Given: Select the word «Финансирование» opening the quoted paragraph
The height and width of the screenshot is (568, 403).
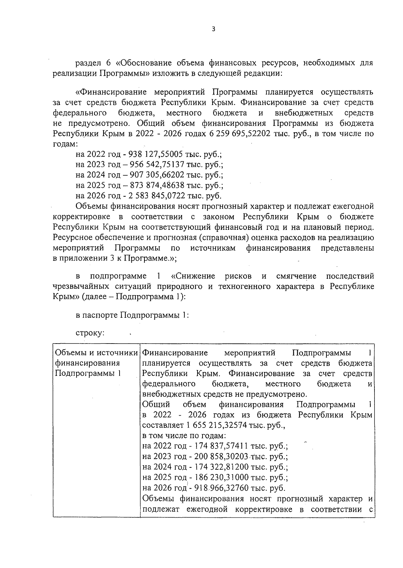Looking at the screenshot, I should [x=111, y=92].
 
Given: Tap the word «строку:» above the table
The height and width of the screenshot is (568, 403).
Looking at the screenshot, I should [x=90, y=333].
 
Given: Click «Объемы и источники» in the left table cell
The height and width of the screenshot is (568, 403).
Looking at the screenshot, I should [x=96, y=353].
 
